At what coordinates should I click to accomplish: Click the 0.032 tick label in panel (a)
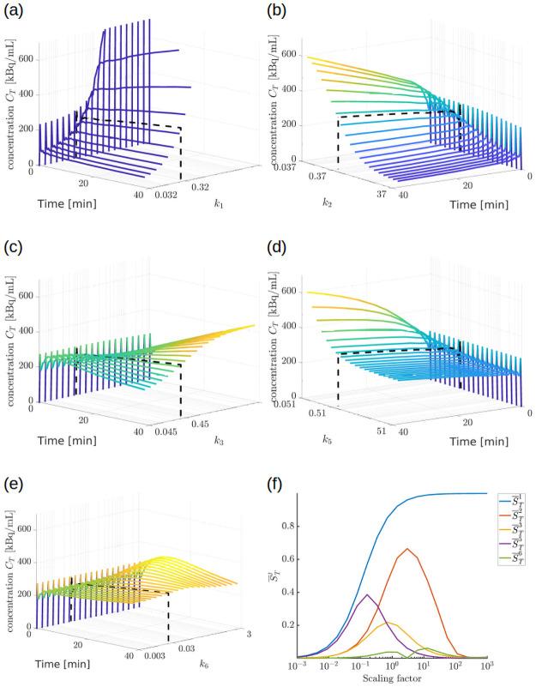[166, 196]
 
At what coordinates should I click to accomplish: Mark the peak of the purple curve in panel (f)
[366, 595]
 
